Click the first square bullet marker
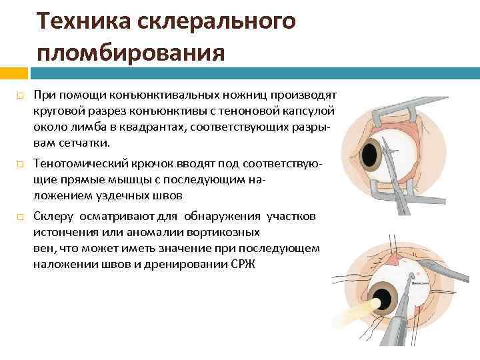point(20,97)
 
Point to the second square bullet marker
point(20,164)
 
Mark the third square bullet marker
point(20,217)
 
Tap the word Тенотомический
point(83,163)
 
